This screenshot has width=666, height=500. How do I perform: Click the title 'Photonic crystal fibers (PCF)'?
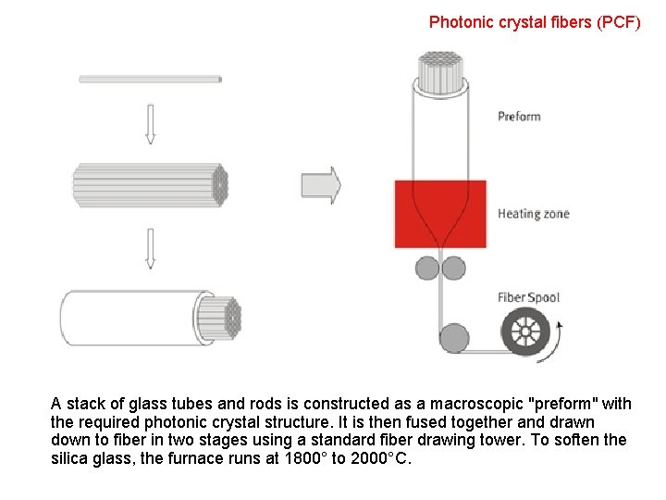click(x=535, y=21)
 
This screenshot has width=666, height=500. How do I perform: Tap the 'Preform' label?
click(x=519, y=117)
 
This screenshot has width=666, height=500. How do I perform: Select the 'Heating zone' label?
click(x=534, y=214)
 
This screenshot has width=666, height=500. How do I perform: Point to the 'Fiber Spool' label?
click(x=529, y=297)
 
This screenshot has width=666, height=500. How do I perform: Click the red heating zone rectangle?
click(x=440, y=214)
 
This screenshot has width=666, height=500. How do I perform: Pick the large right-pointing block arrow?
click(x=321, y=185)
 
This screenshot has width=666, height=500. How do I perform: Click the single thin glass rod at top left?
click(x=150, y=80)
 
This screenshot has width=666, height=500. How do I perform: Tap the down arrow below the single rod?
click(x=150, y=123)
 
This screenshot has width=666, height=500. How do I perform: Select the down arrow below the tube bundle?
click(x=150, y=248)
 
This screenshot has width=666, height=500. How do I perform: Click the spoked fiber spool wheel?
click(x=524, y=331)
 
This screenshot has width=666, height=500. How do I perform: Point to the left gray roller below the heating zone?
click(x=426, y=269)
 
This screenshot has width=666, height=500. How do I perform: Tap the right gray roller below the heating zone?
click(x=453, y=269)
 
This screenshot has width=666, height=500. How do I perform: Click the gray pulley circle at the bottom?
click(x=454, y=337)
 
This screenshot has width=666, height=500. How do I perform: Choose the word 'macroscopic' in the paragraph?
click(x=473, y=404)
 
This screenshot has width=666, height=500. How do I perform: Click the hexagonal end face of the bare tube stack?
click(x=220, y=184)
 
